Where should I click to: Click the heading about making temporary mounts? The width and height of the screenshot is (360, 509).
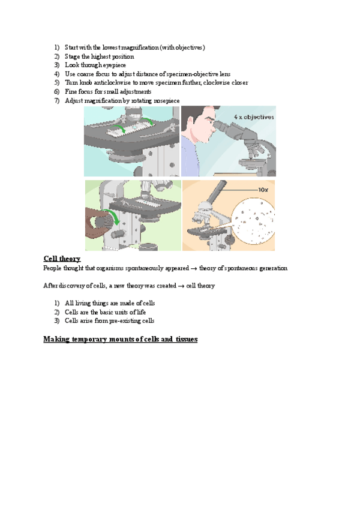[x=120, y=340]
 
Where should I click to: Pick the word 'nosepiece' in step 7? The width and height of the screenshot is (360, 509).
[x=165, y=100]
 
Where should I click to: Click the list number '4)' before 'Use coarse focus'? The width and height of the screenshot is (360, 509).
[x=56, y=73]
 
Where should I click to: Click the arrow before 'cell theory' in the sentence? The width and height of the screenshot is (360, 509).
[x=181, y=286]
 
